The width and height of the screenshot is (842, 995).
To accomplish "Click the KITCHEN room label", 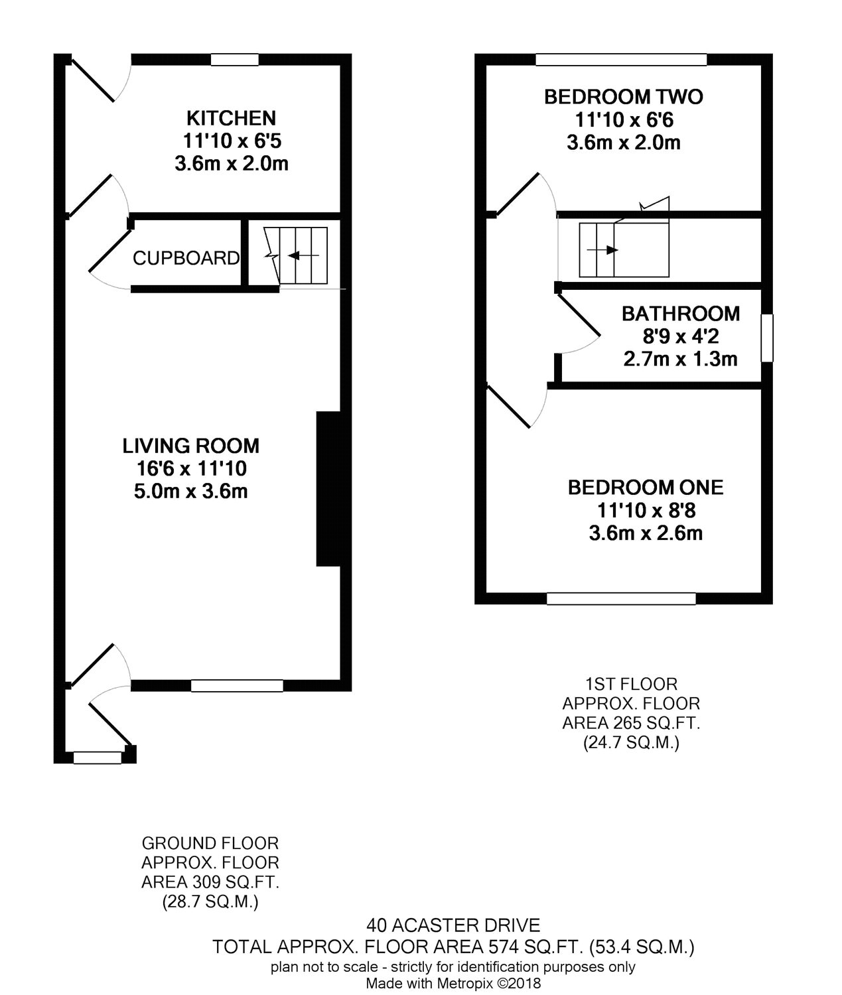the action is coord(231,118).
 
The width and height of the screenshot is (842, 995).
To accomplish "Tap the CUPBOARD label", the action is coord(186,258).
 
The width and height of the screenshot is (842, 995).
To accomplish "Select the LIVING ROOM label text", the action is coord(190,446).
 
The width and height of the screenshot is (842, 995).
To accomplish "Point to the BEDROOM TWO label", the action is coord(624,97).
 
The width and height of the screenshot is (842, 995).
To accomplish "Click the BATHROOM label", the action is coord(681,313).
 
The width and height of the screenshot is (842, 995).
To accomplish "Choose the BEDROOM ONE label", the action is coord(646,487).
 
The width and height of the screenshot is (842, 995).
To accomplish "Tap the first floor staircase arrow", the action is coord(602,250).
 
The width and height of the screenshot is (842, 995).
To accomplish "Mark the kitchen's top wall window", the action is coord(234,60).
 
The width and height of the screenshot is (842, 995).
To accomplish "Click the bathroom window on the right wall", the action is coord(767,338).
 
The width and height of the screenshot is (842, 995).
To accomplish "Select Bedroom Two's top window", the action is coord(621,60).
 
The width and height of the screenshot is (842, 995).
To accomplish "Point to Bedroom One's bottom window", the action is coord(621,598).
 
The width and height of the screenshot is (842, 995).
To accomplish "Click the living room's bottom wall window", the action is coord(237,685).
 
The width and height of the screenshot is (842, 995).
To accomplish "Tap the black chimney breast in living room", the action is coord(328,489).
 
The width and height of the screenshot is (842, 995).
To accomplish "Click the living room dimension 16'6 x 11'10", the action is coord(192,468).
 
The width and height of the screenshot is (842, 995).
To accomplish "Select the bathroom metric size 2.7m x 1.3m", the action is coord(680,359).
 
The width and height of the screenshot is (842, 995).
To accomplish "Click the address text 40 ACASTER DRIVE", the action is coord(453,925).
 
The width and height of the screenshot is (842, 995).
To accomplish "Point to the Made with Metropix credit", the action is coord(453,984).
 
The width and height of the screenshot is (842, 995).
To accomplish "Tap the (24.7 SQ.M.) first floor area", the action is coord(630,743).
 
